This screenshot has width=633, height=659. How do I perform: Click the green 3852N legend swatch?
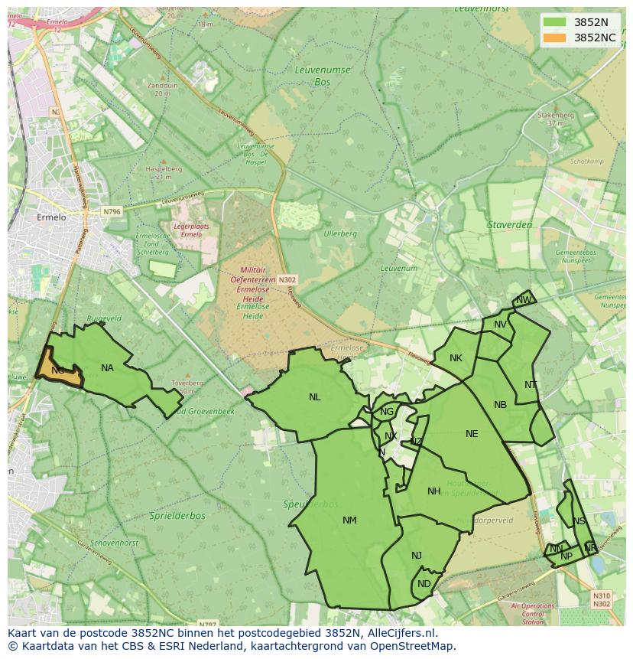pos(554,22)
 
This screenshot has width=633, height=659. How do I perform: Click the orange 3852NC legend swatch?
pos(554,38)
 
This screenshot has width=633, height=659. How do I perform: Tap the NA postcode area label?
pos(107,368)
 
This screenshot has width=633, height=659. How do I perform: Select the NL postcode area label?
pos(315,397)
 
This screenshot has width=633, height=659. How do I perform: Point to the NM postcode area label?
pos(349,520)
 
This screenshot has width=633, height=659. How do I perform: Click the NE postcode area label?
pos(472,434)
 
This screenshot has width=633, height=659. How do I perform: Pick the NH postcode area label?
pos(434,491)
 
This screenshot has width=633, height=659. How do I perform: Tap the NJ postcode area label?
pos(417,556)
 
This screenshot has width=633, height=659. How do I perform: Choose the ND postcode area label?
pos(424,584)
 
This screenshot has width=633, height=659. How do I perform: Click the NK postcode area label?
pos(456,358)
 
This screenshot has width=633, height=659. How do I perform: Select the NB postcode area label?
pos(500,405)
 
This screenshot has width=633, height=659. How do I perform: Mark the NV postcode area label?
pos(500,325)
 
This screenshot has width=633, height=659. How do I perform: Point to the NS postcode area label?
pos(579,521)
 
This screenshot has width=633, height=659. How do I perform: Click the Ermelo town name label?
pos(52,217)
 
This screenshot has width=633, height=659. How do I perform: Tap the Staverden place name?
pos(510,225)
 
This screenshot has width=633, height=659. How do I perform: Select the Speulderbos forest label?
pos(310,504)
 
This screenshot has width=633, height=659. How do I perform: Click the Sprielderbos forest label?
pos(177,516)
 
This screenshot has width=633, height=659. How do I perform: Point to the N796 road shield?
pos(112,211)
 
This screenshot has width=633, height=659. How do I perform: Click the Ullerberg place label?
pos(340,233)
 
